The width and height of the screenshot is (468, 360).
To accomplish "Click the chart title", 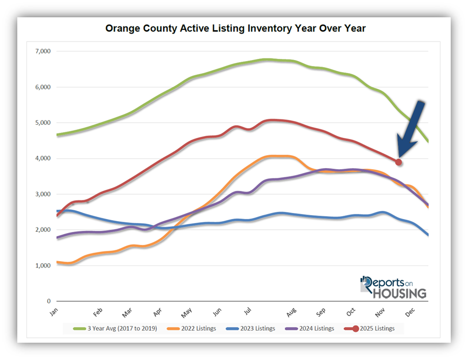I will [x=235, y=28].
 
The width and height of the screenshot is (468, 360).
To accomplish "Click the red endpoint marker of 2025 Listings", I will [x=398, y=162].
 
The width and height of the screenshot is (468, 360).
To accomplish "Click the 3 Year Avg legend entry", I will [x=116, y=328].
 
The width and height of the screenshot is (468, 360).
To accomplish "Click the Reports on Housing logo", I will [x=393, y=287].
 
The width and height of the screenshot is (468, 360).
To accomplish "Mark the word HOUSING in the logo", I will [x=399, y=293].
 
